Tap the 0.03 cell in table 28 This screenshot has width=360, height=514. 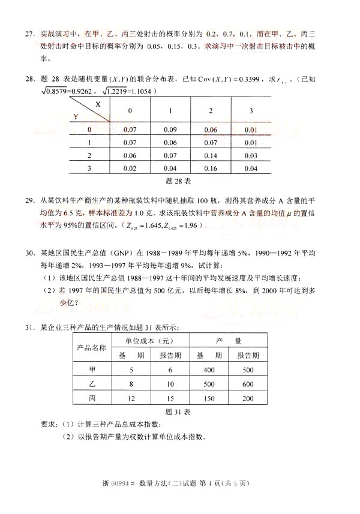251,155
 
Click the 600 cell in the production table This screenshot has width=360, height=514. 248,384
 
